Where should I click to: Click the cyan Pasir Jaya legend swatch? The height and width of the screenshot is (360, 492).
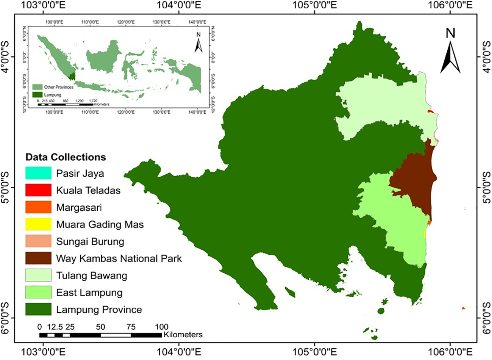pyautogui.click(x=38, y=173)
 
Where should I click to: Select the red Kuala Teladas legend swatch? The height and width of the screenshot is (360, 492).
pyautogui.click(x=38, y=190)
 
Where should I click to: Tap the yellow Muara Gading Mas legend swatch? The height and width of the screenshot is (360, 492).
pyautogui.click(x=38, y=224)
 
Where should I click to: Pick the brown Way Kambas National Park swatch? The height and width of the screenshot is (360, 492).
pyautogui.click(x=38, y=258)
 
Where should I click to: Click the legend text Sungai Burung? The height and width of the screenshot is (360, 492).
pyautogui.click(x=90, y=242)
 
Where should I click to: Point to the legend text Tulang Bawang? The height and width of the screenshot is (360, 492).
pyautogui.click(x=91, y=275)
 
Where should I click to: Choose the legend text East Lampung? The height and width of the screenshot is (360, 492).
pyautogui.click(x=89, y=293)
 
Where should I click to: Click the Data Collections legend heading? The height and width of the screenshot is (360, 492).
pyautogui.click(x=66, y=157)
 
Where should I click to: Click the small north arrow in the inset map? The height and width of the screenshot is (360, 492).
pyautogui.click(x=198, y=43)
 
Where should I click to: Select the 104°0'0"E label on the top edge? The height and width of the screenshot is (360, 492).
pyautogui.click(x=179, y=5)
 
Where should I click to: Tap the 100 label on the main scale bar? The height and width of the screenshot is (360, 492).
pyautogui.click(x=161, y=327)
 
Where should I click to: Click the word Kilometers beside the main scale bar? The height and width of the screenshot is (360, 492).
pyautogui.click(x=183, y=335)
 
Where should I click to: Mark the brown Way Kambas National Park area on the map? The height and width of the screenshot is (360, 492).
pyautogui.click(x=415, y=178)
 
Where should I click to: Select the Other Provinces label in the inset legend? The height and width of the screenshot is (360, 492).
pyautogui.click(x=58, y=87)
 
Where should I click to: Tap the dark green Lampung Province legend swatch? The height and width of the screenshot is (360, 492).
pyautogui.click(x=38, y=309)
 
